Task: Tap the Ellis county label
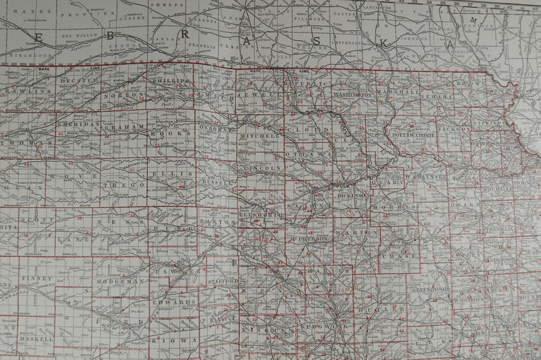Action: click(x=175, y=173)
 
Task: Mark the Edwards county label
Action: click(x=173, y=302)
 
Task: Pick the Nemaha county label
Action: click(x=444, y=94)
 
